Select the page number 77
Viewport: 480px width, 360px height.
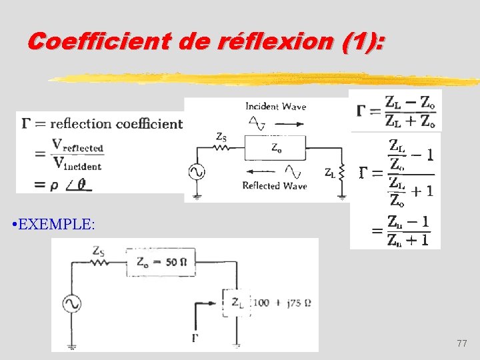pos(462,343)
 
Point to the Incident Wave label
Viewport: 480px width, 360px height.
pos(275,106)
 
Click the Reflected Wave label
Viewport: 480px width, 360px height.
pos(275,186)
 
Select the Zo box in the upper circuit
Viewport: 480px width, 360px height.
pos(275,148)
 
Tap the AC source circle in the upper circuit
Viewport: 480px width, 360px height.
pos(197,172)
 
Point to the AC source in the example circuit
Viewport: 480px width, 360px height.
pos(71,304)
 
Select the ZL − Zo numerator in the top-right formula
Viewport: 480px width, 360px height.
pos(410,102)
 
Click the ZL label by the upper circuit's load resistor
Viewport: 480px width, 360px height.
pos(330,173)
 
